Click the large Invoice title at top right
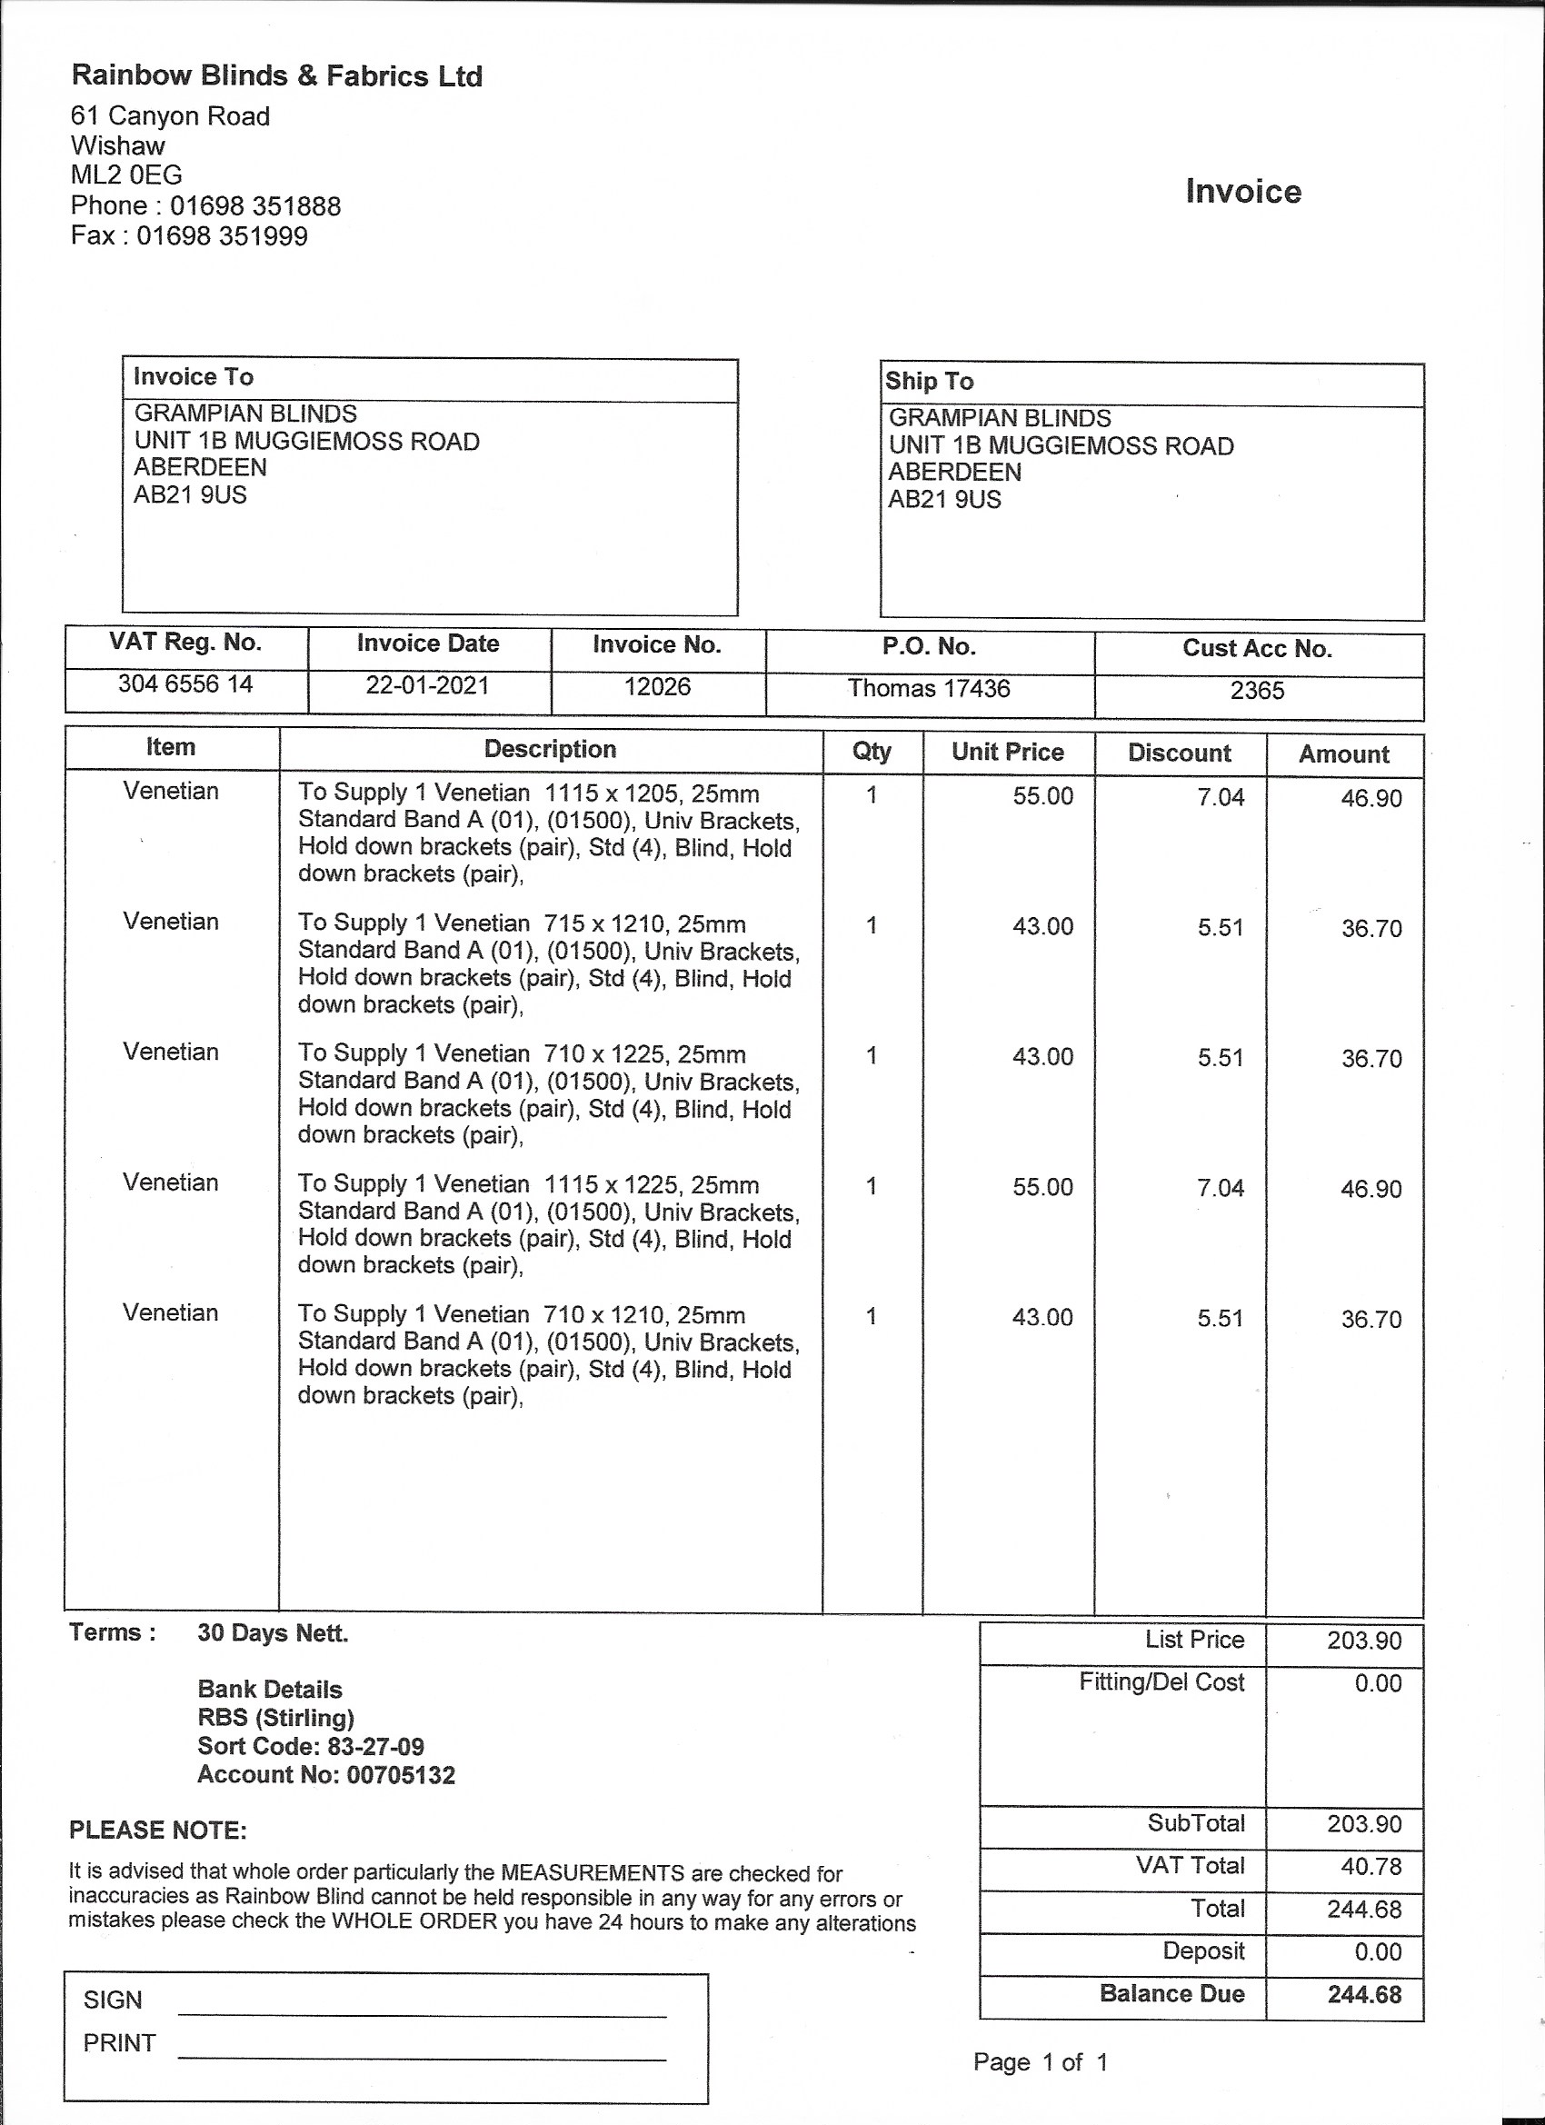click(x=1242, y=191)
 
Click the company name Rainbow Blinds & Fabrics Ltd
click(x=276, y=76)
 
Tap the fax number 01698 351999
click(x=222, y=235)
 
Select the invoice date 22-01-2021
click(x=427, y=685)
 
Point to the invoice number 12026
click(x=657, y=687)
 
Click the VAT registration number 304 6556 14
click(x=185, y=684)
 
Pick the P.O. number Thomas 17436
click(x=929, y=689)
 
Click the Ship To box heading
click(x=930, y=382)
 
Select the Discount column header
click(x=1179, y=753)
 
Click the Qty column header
click(x=872, y=752)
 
